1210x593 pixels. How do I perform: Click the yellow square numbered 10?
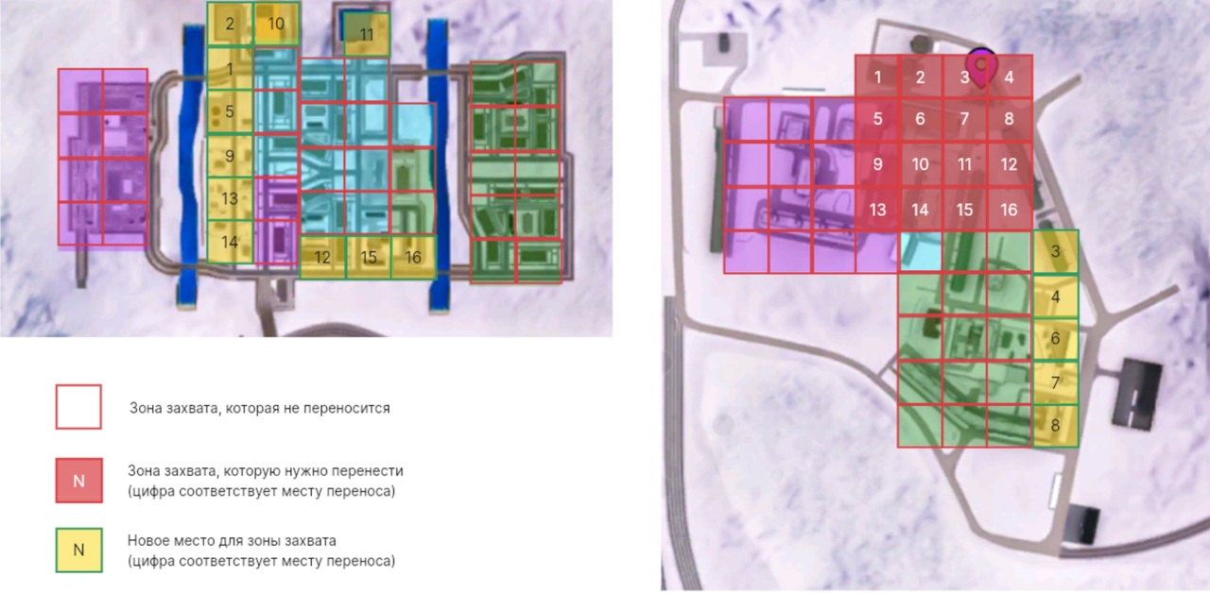click(276, 25)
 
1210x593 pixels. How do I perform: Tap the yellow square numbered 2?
click(230, 25)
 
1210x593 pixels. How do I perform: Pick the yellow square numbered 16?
click(413, 257)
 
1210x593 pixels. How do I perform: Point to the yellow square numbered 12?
click(322, 257)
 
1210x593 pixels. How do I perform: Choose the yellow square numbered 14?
click(230, 243)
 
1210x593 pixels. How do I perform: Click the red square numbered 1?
click(877, 77)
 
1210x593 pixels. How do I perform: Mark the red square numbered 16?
click(1009, 209)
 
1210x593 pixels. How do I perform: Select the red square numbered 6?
click(921, 120)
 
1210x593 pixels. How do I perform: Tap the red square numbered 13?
click(877, 209)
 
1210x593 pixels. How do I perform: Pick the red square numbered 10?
click(921, 164)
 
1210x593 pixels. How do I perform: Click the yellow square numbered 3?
click(1055, 252)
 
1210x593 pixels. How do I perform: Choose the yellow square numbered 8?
click(1055, 426)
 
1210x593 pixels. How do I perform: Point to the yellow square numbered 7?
click(1055, 382)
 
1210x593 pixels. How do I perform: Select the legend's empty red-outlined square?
click(78, 407)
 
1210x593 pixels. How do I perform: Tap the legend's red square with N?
click(78, 480)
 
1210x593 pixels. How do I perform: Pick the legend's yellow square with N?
click(78, 550)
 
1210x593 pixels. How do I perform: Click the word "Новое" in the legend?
click(148, 541)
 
